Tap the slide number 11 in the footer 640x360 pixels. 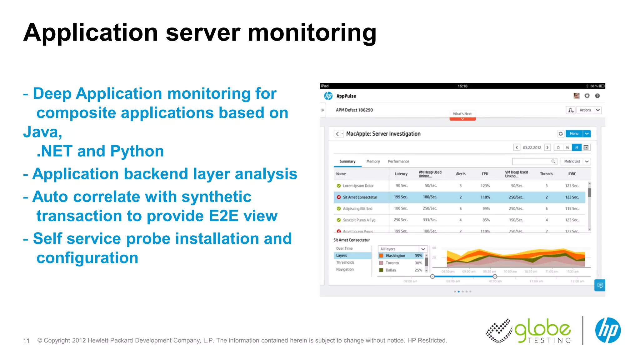[26, 341]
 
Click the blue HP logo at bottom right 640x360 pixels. [607, 330]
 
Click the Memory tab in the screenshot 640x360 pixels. [373, 162]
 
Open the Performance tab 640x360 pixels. [398, 162]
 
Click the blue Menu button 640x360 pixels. [574, 134]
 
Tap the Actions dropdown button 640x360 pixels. [589, 110]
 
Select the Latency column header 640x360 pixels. [401, 174]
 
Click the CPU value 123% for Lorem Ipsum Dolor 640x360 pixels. [485, 186]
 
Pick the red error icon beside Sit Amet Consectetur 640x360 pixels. [339, 197]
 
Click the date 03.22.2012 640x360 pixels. [532, 148]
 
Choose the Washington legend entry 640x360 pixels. [395, 256]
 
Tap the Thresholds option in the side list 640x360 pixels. [345, 262]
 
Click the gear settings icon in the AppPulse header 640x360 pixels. [587, 96]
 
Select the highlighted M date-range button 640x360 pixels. [577, 148]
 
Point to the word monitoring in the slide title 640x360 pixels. [312, 33]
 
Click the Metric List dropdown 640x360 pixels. [575, 162]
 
